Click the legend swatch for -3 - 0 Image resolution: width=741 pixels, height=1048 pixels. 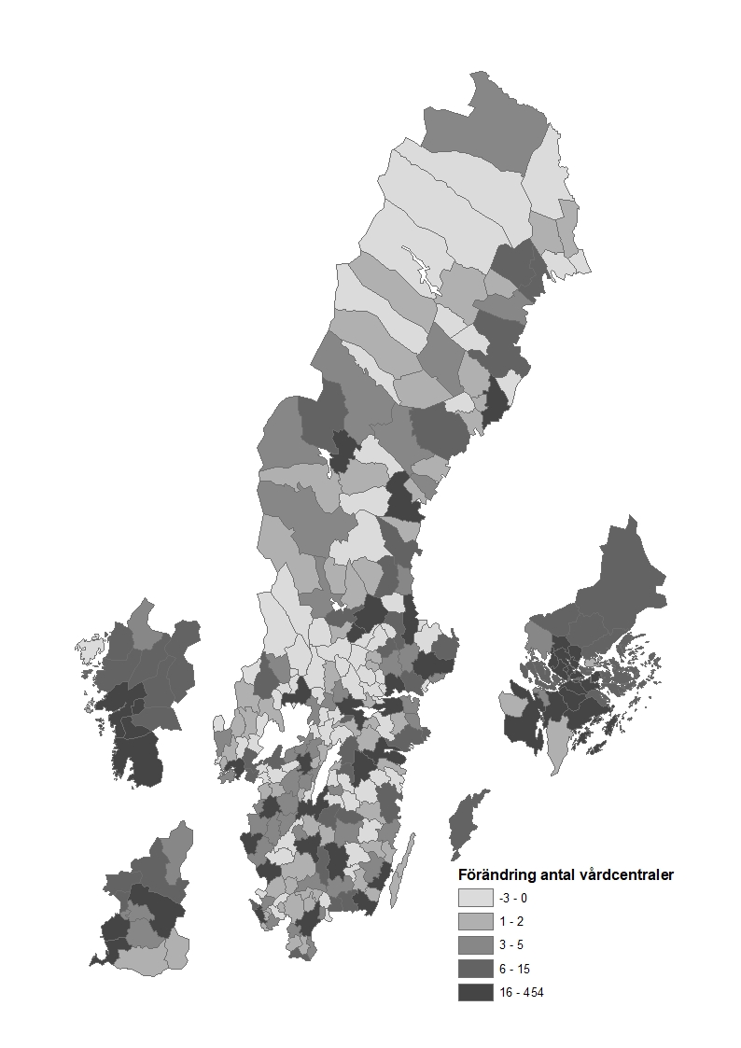click(x=475, y=898)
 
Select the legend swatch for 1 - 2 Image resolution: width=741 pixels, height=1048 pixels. click(x=475, y=921)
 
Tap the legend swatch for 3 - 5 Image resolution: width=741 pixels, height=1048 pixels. click(x=475, y=944)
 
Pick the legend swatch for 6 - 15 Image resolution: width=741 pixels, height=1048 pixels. click(x=475, y=969)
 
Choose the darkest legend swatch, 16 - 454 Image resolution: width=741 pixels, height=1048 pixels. click(x=475, y=992)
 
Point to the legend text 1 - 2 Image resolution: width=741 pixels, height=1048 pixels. click(x=510, y=921)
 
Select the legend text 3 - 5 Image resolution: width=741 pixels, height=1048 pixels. click(x=510, y=944)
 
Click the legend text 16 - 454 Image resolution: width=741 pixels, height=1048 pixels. click(x=521, y=992)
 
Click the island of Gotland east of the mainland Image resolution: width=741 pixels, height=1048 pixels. click(x=466, y=822)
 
